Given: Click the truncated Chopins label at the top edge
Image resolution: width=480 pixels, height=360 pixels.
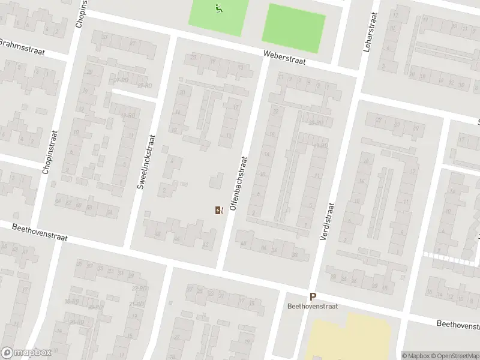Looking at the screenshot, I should pos(80,14).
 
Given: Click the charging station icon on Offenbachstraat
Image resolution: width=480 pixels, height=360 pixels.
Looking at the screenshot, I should pos(218,210).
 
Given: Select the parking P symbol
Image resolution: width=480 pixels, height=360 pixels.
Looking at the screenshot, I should pos(312,296).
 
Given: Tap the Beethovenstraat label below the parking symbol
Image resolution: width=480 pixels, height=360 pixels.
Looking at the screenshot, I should pos(312,306).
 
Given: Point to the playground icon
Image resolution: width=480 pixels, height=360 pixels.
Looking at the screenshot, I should pos(218,8).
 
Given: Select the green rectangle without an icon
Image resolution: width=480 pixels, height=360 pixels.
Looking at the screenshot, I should pos(293,27).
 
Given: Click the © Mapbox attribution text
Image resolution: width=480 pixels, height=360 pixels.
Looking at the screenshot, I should pos(416,356).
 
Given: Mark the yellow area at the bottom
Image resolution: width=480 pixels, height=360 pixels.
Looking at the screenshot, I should pos(348,339).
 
